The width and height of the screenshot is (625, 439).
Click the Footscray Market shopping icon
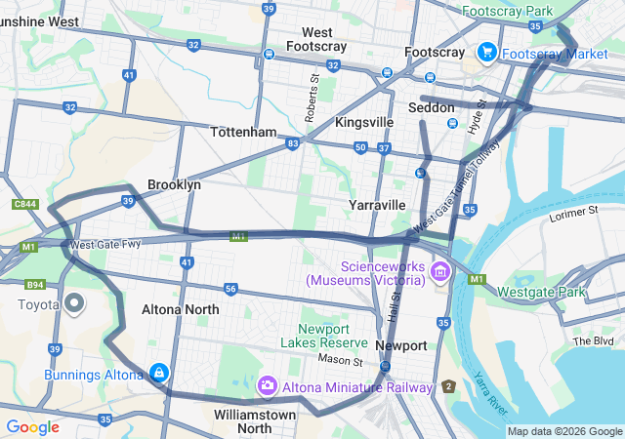485,52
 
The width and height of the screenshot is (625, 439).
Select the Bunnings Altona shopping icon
158,373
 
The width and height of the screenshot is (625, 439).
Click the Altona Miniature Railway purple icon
267,387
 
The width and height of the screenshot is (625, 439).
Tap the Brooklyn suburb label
174,184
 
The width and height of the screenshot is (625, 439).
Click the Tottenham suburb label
243,132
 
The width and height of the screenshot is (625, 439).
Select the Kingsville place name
364,123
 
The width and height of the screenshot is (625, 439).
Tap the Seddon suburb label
431,106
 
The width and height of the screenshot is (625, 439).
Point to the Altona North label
180,309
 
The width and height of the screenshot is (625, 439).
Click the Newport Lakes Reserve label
323,335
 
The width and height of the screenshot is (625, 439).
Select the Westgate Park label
541,292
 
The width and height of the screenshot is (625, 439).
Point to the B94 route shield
35,285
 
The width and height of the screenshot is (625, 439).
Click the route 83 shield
293,143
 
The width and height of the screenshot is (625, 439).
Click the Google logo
32,427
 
